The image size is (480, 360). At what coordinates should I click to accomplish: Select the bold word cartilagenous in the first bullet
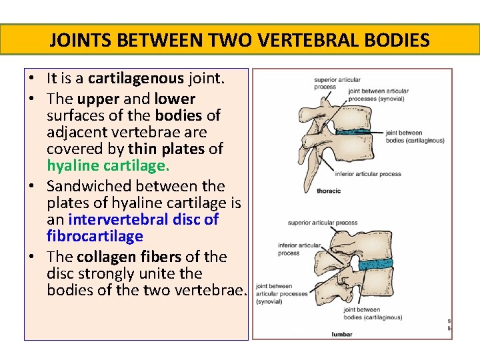coord(135,79)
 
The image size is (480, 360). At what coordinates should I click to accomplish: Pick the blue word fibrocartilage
coord(95,236)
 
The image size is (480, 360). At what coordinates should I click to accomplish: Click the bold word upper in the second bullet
coord(99,99)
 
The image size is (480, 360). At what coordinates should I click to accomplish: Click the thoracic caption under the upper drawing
coord(328,191)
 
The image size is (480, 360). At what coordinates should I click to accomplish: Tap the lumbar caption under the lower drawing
coord(342,334)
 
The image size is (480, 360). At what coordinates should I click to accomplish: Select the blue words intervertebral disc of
coord(143,219)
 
